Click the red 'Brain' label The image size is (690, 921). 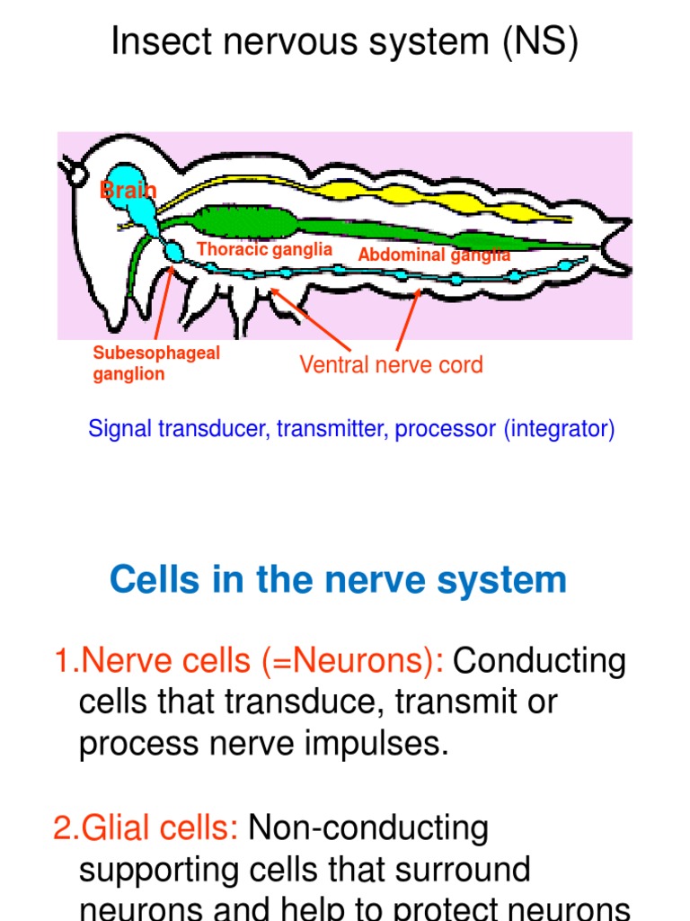(x=127, y=190)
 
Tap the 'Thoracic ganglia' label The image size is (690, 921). (x=264, y=249)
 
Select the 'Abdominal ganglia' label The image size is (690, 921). (x=433, y=255)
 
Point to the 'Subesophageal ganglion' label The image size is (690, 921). (x=155, y=363)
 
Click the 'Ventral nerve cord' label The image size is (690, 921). (x=391, y=364)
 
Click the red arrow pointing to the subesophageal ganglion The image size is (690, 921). (x=163, y=301)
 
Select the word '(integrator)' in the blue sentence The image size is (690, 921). (x=559, y=429)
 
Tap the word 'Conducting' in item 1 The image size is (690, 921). (x=539, y=661)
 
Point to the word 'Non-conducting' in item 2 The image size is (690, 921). (x=367, y=827)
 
